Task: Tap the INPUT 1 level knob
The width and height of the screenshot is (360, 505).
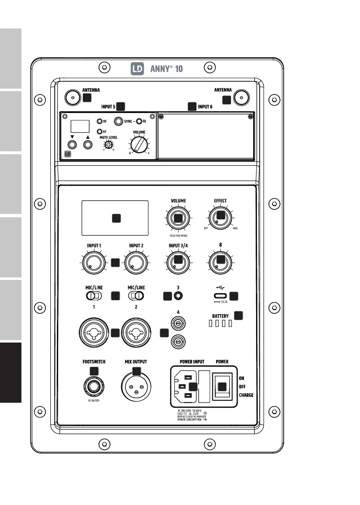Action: pos(94,263)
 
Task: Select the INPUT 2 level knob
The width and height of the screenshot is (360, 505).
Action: pos(136,263)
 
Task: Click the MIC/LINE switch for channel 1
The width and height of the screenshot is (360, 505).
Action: pos(93,296)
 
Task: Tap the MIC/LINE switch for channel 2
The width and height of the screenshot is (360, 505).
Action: pos(136,296)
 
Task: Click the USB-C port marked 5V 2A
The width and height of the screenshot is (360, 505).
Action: pos(220,296)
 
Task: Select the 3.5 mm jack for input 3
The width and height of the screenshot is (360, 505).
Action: pos(179,296)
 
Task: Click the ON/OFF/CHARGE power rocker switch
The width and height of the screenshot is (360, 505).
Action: pos(222,386)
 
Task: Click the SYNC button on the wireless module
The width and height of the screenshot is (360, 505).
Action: pos(120,121)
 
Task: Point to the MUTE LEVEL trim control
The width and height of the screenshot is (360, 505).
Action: pos(108,145)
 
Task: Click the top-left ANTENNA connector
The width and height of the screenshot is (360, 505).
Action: pos(73,98)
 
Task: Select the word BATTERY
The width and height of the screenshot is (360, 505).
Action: pos(220,316)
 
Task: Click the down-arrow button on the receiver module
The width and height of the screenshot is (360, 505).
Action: pos(73,145)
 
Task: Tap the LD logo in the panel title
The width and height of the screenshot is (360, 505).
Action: pos(137,69)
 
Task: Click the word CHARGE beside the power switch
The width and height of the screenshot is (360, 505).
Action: pos(246,395)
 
